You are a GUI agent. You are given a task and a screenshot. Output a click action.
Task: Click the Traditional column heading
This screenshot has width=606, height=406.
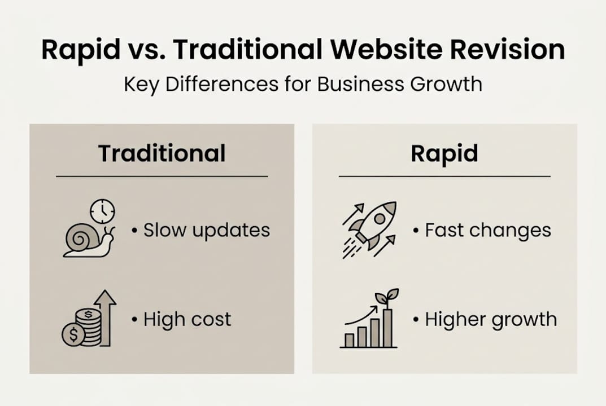pos(162,153)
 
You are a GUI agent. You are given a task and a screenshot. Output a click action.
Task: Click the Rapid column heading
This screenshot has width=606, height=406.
pos(444,153)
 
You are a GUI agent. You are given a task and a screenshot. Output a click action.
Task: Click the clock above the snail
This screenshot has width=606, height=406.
pos(102,211)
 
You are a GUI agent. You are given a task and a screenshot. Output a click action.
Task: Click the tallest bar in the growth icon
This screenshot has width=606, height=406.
pos(387,328)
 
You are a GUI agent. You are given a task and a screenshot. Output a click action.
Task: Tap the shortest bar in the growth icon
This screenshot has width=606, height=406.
pos(350,339)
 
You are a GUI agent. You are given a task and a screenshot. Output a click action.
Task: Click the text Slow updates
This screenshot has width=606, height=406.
pos(206,230)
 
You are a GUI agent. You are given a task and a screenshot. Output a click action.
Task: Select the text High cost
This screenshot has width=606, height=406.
pos(187,319)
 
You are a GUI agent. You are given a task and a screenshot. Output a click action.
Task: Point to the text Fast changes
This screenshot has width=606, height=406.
pos(487,230)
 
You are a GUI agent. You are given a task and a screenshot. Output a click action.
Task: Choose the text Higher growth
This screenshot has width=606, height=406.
pos(490,320)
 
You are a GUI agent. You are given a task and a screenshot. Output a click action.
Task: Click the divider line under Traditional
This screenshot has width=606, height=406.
pos(162,176)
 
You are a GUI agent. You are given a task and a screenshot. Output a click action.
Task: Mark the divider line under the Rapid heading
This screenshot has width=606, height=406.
pos(444,176)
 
